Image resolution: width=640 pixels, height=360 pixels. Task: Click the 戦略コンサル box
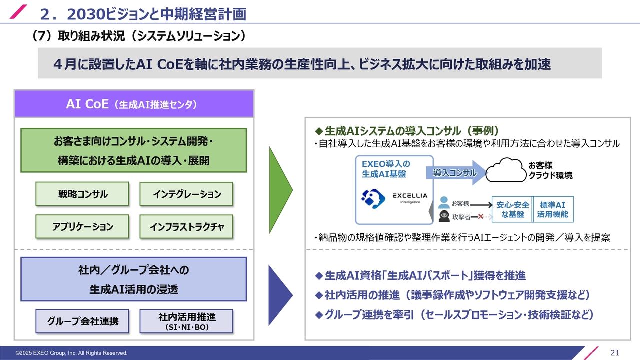(x=82, y=194)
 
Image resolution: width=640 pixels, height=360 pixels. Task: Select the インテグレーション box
(x=186, y=194)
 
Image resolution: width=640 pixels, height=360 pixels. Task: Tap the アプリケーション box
(x=82, y=226)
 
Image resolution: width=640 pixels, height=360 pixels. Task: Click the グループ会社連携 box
(x=82, y=321)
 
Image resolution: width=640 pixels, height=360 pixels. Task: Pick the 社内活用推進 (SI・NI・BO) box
(x=186, y=321)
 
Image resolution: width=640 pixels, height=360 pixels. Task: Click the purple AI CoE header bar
(x=134, y=104)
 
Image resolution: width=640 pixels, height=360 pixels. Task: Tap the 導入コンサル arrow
(x=455, y=173)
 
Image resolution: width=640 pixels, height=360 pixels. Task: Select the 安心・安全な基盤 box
(x=512, y=209)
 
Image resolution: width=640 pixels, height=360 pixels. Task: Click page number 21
(x=615, y=353)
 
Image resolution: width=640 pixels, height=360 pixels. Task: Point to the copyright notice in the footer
(x=71, y=353)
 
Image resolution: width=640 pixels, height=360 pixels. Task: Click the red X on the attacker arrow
(x=480, y=217)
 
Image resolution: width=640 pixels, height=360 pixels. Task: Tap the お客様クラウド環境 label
(x=550, y=170)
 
